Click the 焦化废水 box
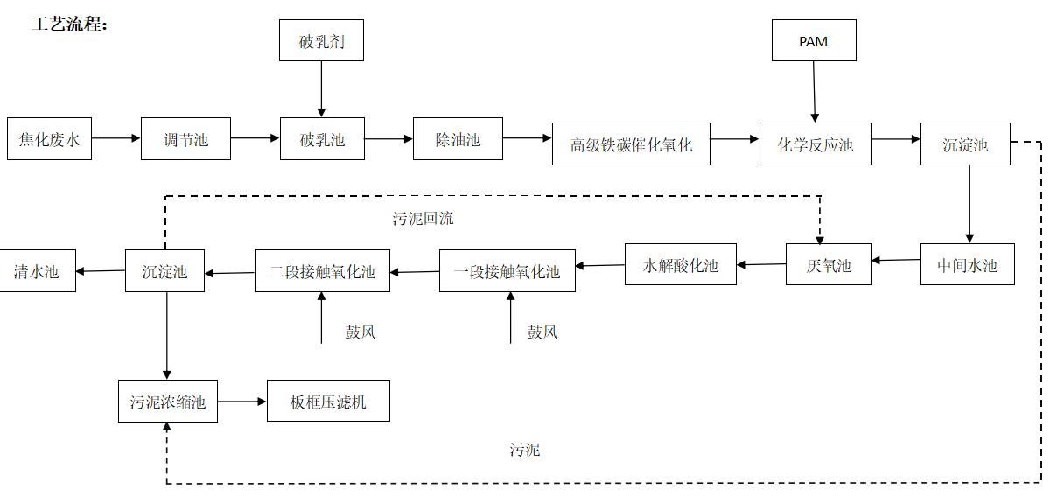pos(49,139)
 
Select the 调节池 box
pos(185,139)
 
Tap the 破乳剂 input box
pos(322,40)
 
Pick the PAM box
pos(815,40)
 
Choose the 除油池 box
pos(458,139)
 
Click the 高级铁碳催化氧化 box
pos(631,144)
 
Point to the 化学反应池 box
pos(815,144)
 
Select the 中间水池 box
pos(968,264)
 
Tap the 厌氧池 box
pos(829,264)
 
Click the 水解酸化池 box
pos(681,264)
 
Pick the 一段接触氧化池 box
pos(507,271)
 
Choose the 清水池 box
pos(37,271)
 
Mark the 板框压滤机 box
pos(328,401)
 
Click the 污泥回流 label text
pos(423,218)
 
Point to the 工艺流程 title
pos(70,24)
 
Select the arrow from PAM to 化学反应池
pos(815,91)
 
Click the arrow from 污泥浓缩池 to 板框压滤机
pos(241,402)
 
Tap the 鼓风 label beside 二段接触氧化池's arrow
pos(360,332)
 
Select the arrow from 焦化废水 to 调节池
pos(116,138)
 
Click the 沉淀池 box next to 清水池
pos(165,271)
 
